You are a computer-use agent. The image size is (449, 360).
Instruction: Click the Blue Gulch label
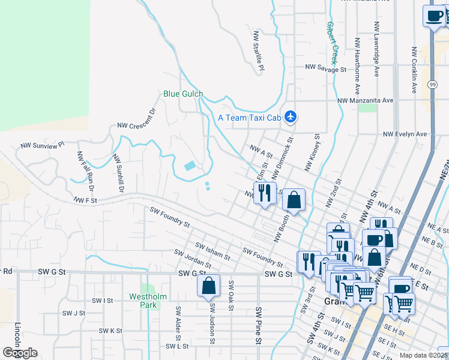click(x=183, y=94)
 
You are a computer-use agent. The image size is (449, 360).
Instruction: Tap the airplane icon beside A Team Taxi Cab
click(x=291, y=116)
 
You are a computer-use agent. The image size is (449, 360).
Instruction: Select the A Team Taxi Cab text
click(x=249, y=118)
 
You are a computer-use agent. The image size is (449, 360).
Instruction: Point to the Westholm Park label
click(x=143, y=301)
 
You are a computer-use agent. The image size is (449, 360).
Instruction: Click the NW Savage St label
click(x=326, y=69)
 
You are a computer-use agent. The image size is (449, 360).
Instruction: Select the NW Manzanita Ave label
click(x=365, y=101)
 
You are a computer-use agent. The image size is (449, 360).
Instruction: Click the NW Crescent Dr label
click(x=137, y=119)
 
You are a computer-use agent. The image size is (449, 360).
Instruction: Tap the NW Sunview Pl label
click(x=42, y=145)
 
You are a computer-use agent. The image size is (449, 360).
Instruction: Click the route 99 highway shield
click(x=432, y=86)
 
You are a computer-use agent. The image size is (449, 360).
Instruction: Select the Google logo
click(x=20, y=353)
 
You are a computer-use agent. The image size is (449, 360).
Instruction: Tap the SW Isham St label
click(x=213, y=251)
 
